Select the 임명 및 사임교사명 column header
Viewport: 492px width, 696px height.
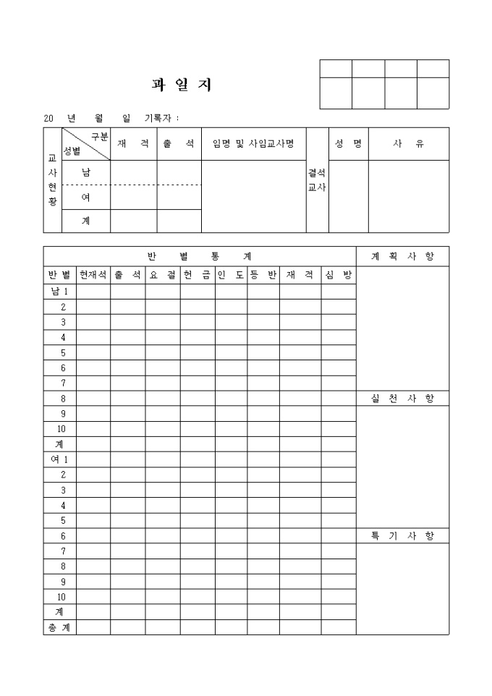coord(253,143)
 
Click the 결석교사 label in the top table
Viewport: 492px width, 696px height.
coord(317,180)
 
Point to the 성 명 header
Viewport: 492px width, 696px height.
coord(348,143)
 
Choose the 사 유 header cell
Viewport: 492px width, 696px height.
coord(408,143)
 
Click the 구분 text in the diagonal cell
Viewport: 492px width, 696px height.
coord(99,137)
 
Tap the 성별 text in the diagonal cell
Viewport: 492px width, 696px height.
coord(72,150)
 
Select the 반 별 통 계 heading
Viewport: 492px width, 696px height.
coord(199,256)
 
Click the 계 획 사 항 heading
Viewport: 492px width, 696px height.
coord(402,256)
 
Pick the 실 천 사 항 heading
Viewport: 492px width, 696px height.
coord(402,398)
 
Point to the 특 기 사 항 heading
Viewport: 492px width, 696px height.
coord(402,535)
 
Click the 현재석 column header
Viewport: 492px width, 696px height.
coord(93,275)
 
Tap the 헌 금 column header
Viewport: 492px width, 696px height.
coord(198,275)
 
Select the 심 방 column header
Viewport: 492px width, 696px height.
coord(339,275)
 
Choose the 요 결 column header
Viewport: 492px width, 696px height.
coord(163,275)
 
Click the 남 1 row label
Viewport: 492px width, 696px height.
coord(59,291)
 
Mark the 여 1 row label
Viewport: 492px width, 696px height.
coord(59,459)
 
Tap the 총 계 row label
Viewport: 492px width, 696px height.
coord(59,627)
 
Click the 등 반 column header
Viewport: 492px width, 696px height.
coord(263,275)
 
